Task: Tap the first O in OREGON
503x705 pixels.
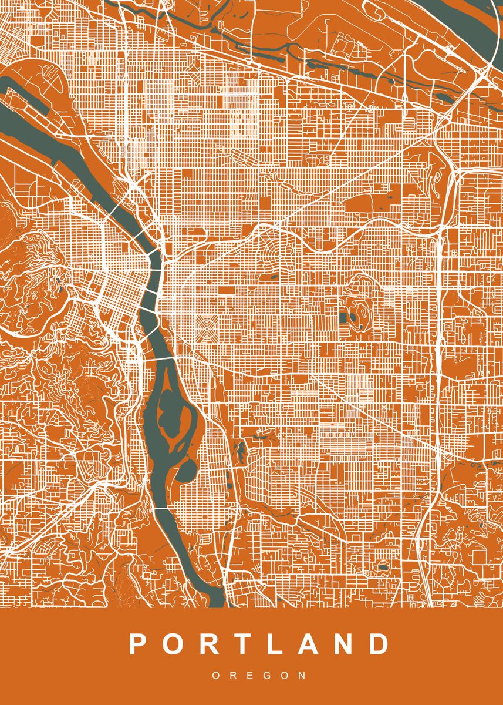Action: [x=215, y=676]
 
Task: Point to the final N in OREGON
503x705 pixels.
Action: [x=302, y=676]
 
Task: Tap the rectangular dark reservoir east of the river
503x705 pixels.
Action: [x=343, y=318]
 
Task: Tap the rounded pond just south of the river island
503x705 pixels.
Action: [x=188, y=470]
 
